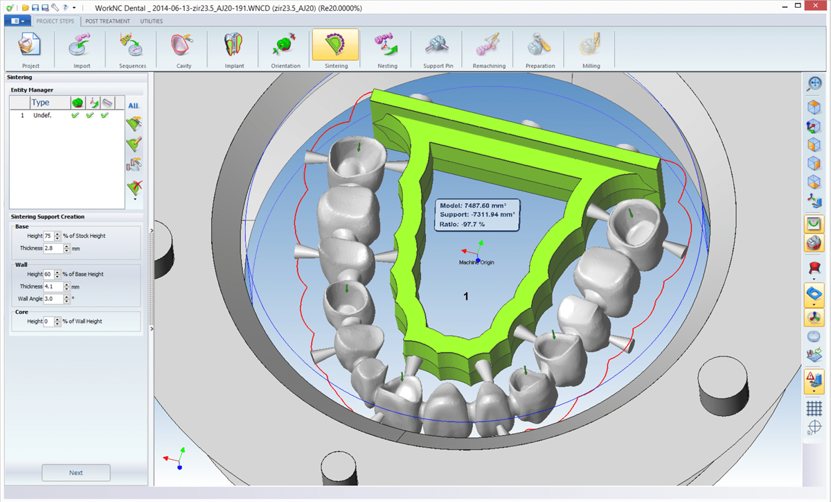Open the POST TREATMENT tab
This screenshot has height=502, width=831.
coord(107,21)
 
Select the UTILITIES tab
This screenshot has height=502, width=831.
coord(152,21)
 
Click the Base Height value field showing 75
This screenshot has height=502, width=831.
coord(48,236)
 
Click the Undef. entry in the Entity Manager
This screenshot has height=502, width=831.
coord(43,115)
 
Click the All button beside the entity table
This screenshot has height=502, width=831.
coord(134,105)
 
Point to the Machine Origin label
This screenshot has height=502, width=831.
coord(476,263)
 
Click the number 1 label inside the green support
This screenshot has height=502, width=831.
coord(466,296)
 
